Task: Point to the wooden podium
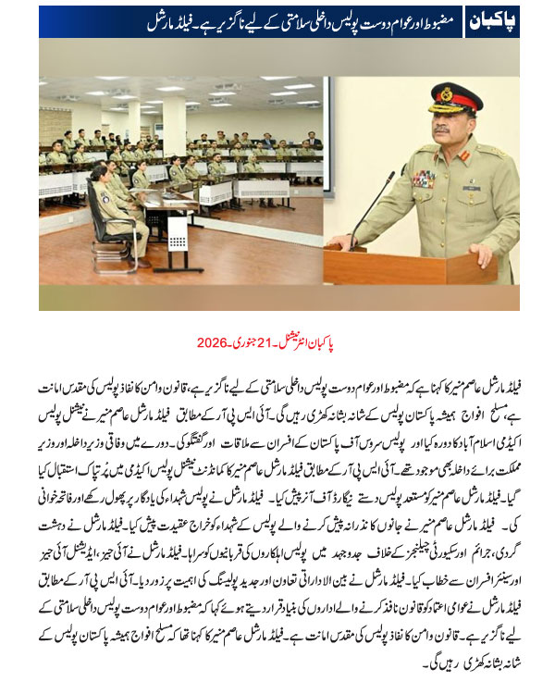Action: tap(388, 264)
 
